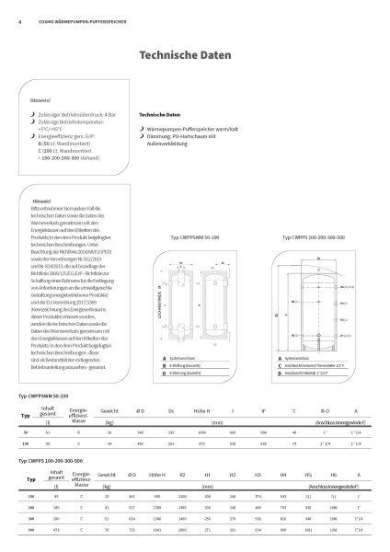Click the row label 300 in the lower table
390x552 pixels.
tap(30, 519)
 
